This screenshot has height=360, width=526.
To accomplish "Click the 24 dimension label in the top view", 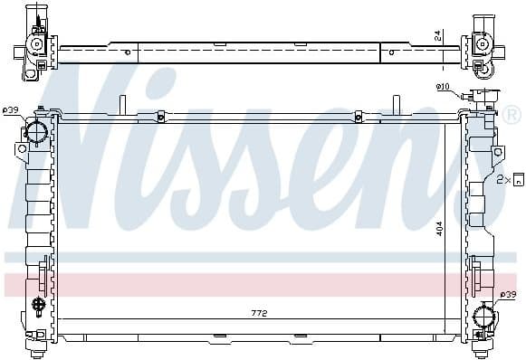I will (438, 35).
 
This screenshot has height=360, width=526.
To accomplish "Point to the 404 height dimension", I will (439, 230).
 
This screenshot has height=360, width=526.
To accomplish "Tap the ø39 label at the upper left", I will (11, 110).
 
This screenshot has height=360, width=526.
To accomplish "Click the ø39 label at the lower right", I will (510, 296).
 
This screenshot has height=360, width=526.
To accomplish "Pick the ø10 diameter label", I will (443, 87).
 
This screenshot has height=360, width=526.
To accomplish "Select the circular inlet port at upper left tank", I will (36, 132).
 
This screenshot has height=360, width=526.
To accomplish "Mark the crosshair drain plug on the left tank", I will (37, 304).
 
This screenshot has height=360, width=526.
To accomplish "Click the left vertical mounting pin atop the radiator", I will (120, 105).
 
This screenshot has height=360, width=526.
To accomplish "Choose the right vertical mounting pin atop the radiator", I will (397, 105).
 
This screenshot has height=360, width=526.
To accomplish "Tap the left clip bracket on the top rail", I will (160, 116).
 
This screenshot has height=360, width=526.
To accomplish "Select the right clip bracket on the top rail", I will (359, 116).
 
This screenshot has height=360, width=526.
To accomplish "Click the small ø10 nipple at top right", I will (468, 96).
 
